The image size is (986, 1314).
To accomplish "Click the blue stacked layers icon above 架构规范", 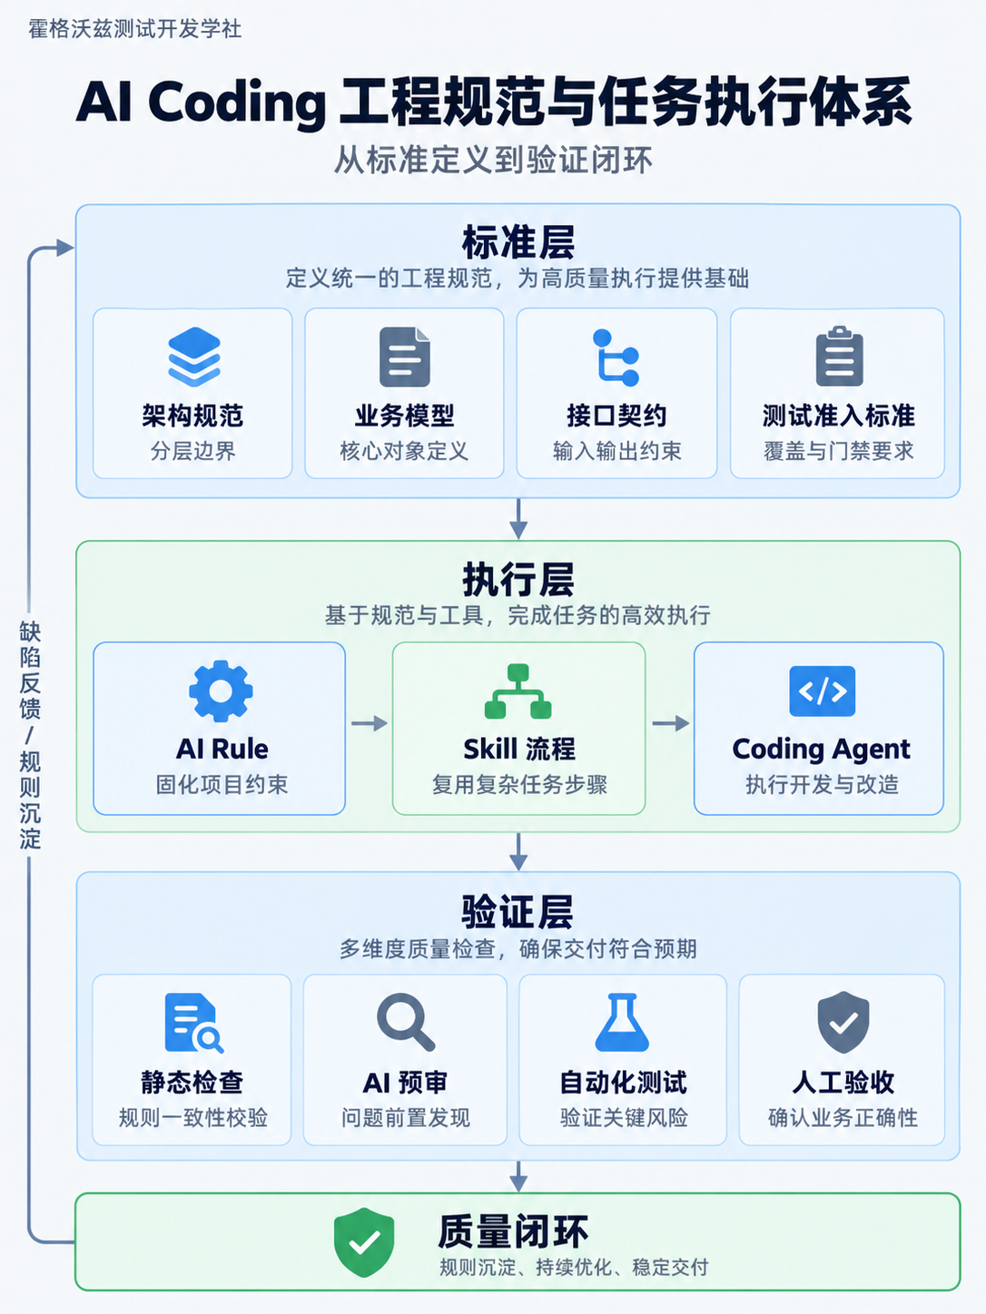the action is [194, 357].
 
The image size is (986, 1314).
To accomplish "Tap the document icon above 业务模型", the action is [405, 357].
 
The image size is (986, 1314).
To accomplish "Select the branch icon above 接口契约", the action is [616, 358].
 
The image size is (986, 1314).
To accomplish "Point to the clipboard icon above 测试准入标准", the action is [839, 357].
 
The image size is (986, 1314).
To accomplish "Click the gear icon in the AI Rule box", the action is [221, 691].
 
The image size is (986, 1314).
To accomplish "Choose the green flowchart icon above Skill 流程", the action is [518, 691].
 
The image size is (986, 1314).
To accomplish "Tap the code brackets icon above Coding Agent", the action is [822, 691].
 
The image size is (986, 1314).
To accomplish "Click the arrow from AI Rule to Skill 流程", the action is [369, 723].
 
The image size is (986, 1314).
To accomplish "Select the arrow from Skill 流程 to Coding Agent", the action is [671, 723].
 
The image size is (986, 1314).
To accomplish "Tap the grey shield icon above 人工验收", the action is [843, 1022].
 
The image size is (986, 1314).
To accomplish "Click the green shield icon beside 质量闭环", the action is [364, 1242].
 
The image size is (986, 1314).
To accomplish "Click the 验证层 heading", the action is [518, 912].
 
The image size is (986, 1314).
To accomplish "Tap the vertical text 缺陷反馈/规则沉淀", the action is [29, 735].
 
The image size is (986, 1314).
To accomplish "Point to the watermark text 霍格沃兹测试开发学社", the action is [134, 29].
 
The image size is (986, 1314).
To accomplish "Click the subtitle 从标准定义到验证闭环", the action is [493, 160].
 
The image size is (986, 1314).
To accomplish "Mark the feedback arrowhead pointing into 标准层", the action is [64, 247].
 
